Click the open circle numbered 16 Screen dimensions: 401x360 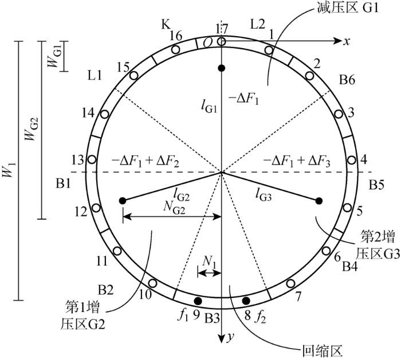[175, 49]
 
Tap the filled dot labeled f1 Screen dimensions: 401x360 [198, 301]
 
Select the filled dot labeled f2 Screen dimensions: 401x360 [246, 301]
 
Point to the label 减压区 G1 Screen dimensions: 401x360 [348, 8]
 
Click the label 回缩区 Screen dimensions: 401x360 [323, 351]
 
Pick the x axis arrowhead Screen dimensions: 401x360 [338, 41]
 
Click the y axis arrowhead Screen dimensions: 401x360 [222, 339]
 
